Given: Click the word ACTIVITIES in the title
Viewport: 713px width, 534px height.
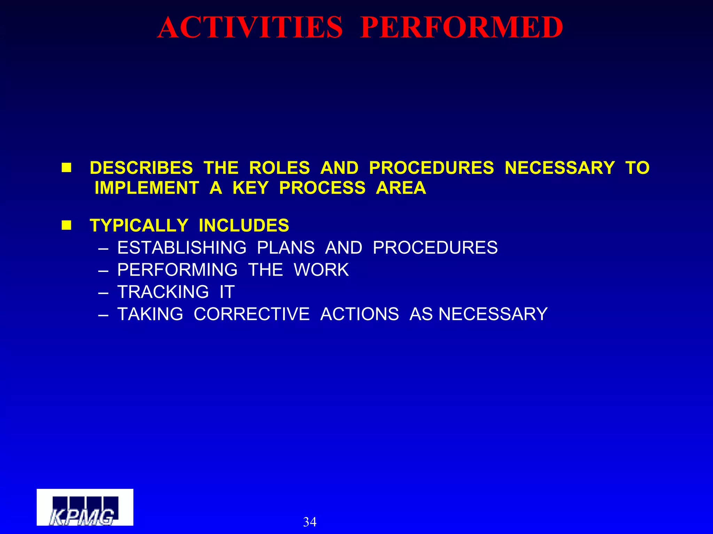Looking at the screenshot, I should pyautogui.click(x=250, y=28).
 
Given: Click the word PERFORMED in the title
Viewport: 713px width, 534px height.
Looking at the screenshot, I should pyautogui.click(x=462, y=28).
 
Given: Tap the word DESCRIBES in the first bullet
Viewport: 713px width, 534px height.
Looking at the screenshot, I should pyautogui.click(x=141, y=168).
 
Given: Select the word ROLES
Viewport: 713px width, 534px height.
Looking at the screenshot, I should pyautogui.click(x=279, y=168).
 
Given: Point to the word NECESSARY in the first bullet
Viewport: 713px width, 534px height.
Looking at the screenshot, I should pyautogui.click(x=560, y=168).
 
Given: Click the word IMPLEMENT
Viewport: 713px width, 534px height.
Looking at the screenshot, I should pyautogui.click(x=147, y=188).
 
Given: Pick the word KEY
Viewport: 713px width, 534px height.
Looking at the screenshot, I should pyautogui.click(x=250, y=188).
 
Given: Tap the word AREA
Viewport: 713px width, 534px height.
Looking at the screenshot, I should pyautogui.click(x=401, y=188).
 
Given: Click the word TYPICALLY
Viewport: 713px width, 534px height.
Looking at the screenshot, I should pyautogui.click(x=139, y=226).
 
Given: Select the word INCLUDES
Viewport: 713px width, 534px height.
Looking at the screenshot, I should pyautogui.click(x=244, y=226).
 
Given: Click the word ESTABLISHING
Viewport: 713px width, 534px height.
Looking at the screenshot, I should pyautogui.click(x=182, y=248).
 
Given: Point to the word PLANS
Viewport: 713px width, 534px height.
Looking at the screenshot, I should pyautogui.click(x=286, y=248).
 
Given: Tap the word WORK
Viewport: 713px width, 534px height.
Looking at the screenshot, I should pyautogui.click(x=321, y=270).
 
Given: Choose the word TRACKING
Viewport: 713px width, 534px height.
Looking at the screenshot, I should pyautogui.click(x=163, y=292).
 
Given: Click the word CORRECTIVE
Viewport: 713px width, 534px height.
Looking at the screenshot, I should pyautogui.click(x=251, y=314).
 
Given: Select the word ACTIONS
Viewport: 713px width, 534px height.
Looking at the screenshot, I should pyautogui.click(x=359, y=314).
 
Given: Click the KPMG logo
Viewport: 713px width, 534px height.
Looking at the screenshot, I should pyautogui.click(x=85, y=507).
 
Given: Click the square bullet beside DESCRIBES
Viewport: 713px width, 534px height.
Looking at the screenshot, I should pyautogui.click(x=66, y=168).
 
